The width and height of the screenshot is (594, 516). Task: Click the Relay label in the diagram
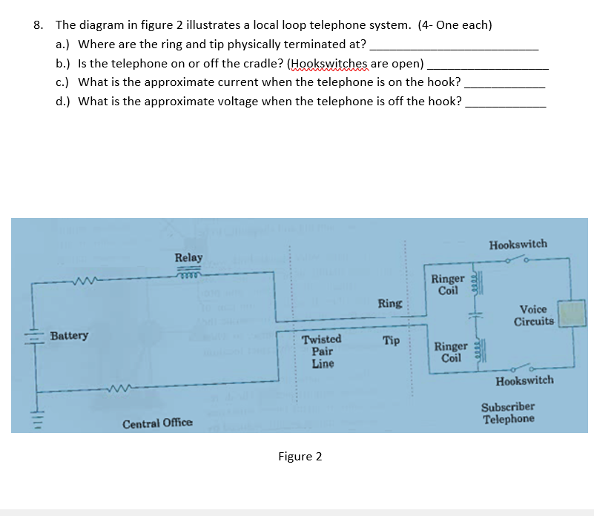point(188,257)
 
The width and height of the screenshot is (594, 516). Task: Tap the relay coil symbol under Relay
point(189,272)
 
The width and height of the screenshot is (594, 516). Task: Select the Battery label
point(69,335)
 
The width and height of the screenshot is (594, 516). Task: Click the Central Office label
point(157,423)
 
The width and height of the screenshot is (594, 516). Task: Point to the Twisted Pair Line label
point(322,351)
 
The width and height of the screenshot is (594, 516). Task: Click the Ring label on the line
point(390,303)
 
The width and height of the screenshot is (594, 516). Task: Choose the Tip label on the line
point(392,340)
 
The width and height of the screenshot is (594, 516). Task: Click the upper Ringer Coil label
point(448,284)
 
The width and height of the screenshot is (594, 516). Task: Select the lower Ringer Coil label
point(450,351)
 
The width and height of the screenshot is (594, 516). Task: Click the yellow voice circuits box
point(572,313)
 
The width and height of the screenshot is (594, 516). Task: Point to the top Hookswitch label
point(518,243)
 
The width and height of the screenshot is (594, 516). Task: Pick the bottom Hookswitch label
point(524,380)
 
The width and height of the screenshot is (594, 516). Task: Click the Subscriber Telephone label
point(508,413)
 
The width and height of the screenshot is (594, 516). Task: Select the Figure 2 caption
point(300,456)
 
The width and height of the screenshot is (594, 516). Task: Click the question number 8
point(38,24)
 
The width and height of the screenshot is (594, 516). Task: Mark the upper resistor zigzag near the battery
point(82,279)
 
